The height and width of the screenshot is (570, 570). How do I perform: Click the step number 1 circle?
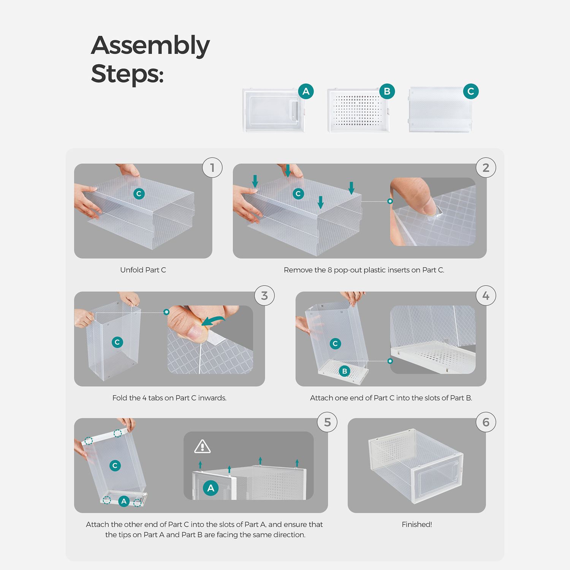212,168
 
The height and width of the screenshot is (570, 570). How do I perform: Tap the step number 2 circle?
486,168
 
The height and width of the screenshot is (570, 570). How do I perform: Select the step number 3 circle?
264,296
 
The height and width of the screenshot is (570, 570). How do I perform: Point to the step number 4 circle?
486,296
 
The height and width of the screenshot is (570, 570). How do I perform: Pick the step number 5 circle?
327,422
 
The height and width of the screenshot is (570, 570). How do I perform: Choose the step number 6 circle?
486,422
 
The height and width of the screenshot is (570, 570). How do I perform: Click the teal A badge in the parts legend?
306,91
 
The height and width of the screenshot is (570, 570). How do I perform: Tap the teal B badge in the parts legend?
387,91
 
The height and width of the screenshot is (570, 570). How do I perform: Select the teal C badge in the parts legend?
471,91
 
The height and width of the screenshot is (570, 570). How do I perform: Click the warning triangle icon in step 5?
202,447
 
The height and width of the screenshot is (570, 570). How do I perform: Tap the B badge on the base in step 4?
345,371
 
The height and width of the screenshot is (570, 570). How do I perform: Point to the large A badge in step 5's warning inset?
211,488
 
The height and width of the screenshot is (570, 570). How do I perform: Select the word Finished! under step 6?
417,524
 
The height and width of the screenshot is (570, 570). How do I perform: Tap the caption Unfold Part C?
143,270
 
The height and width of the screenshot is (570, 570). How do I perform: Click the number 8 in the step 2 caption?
330,270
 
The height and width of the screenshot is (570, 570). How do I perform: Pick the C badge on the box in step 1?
139,194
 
